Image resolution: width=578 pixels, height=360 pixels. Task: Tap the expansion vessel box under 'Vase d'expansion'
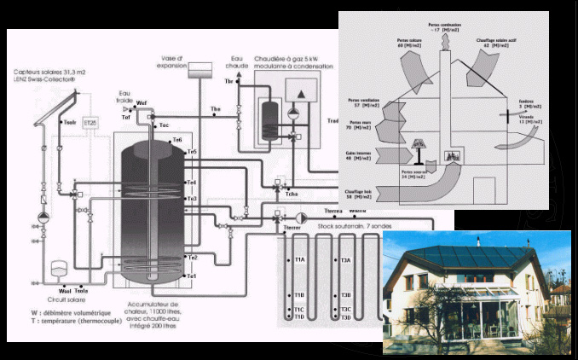click(200, 66)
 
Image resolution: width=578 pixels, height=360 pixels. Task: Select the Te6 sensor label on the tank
click(177, 139)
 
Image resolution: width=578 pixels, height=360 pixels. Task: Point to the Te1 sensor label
click(192, 276)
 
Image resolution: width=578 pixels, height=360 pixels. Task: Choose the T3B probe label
click(345, 295)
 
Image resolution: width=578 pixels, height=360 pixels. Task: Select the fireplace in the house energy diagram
click(452, 157)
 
